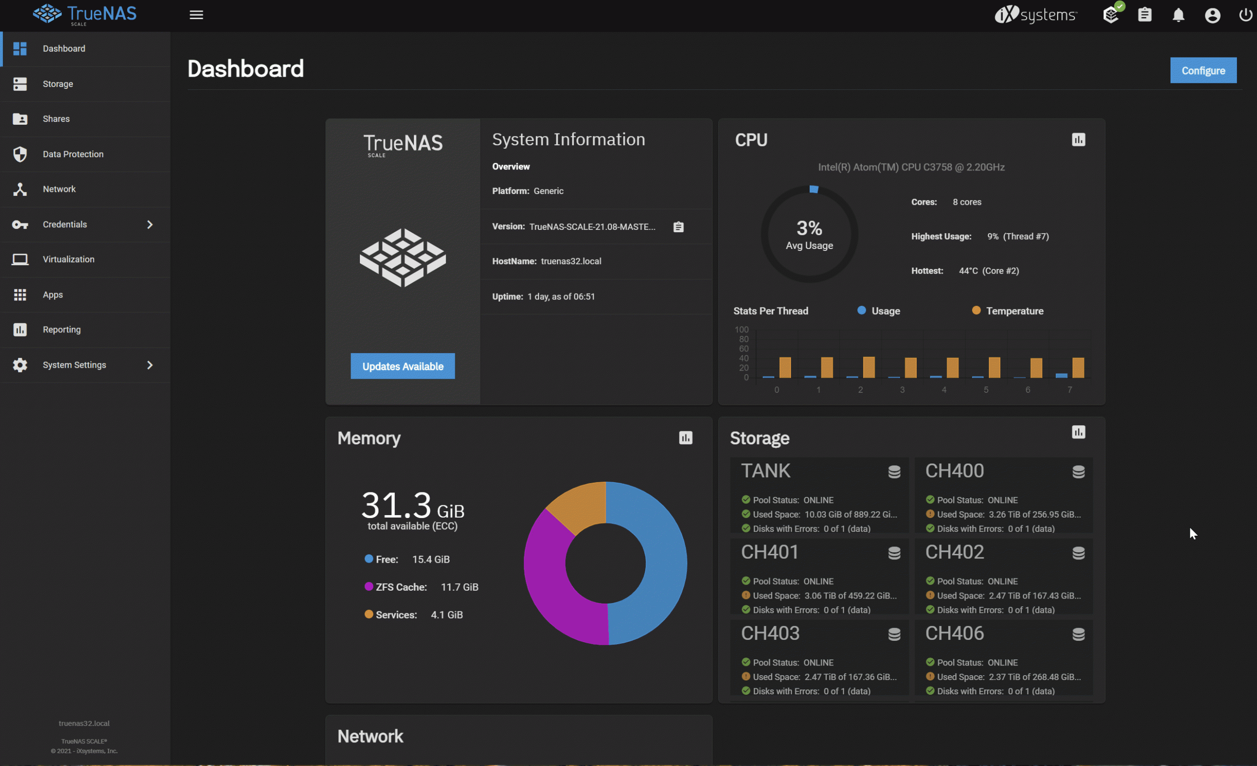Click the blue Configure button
click(x=1202, y=70)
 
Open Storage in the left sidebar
click(x=57, y=83)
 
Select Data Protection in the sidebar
click(x=73, y=154)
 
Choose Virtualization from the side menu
click(x=68, y=259)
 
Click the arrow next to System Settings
click(x=149, y=365)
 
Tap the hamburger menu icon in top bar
click(x=196, y=15)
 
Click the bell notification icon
click(x=1178, y=15)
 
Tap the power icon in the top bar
click(x=1245, y=15)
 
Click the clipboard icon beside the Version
click(x=678, y=227)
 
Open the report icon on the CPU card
click(x=1078, y=140)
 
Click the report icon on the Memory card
click(x=685, y=438)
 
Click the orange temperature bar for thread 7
click(x=1077, y=368)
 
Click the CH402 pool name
click(x=954, y=552)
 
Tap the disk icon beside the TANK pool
click(x=894, y=472)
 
